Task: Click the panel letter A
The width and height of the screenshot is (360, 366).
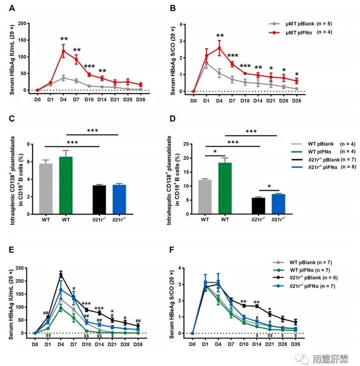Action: click(x=10, y=8)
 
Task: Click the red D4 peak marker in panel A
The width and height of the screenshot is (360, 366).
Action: click(x=63, y=51)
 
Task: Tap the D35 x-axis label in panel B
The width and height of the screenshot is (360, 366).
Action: click(x=297, y=99)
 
